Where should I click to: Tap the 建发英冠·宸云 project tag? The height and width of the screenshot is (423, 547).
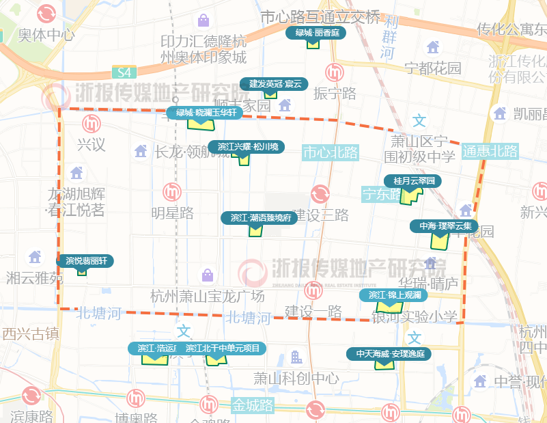click(273, 84)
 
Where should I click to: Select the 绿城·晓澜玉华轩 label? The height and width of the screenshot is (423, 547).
click(205, 113)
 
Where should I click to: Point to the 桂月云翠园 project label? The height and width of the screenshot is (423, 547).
click(414, 181)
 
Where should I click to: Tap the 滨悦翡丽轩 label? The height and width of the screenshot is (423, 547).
click(85, 260)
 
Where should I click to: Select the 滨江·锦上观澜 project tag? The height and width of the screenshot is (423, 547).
click(394, 295)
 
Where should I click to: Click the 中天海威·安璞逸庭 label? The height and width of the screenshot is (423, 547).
click(389, 354)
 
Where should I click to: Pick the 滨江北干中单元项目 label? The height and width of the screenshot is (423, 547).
click(223, 348)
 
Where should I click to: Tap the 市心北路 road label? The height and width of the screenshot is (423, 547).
click(331, 152)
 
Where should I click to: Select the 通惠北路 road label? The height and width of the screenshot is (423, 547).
click(490, 151)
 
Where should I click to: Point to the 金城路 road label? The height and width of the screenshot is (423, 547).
click(252, 405)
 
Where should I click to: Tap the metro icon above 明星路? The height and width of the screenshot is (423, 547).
click(171, 192)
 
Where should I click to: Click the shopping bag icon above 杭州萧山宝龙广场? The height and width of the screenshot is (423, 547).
click(208, 275)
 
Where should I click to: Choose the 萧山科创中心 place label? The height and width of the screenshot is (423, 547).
click(296, 378)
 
